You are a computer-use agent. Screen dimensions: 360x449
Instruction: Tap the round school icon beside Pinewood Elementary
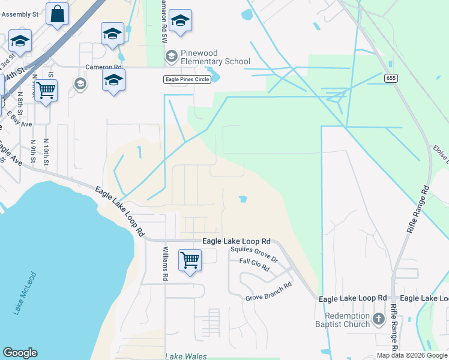171,56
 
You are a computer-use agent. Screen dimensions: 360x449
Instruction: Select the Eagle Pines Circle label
186,79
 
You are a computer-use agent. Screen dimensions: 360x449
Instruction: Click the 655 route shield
391,78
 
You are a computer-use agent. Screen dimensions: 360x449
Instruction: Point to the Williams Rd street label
166,266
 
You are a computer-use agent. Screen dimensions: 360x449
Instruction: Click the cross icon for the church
378,319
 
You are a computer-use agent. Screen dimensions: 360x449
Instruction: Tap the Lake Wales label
185,356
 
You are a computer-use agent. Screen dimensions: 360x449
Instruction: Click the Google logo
20,353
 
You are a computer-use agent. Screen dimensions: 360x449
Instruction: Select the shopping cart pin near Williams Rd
190,261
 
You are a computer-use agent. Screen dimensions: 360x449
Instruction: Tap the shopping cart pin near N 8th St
46,91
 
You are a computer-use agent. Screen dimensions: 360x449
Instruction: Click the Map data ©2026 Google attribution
412,355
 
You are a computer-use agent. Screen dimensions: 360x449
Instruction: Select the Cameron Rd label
104,67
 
